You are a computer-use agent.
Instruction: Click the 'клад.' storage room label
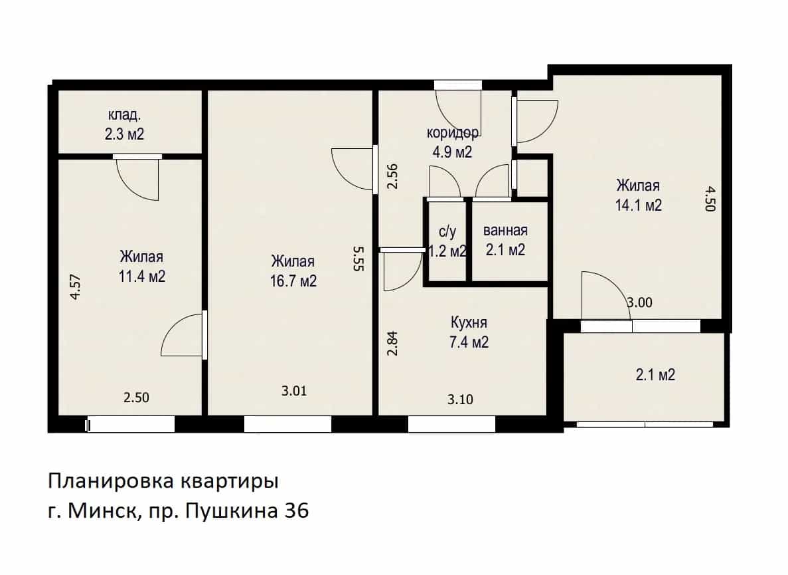(124, 115)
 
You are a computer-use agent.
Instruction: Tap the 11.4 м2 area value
(141, 276)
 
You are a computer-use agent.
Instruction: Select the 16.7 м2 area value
(293, 281)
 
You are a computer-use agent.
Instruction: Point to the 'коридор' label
(452, 133)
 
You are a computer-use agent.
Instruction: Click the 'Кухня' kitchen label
(469, 322)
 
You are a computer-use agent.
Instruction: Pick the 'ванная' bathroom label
(505, 231)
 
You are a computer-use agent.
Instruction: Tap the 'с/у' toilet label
(447, 232)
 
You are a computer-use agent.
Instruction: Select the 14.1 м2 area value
(638, 205)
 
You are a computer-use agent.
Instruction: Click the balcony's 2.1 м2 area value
(655, 375)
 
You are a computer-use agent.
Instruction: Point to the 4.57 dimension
(76, 287)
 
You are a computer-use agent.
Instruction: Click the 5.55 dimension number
(358, 259)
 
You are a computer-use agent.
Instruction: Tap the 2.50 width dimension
(136, 398)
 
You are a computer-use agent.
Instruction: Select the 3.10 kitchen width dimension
(460, 400)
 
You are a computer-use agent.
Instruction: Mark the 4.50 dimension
(710, 199)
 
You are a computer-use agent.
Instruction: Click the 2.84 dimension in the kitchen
(392, 343)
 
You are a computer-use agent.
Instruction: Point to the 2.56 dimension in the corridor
(392, 176)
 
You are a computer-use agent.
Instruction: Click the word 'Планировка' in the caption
(111, 481)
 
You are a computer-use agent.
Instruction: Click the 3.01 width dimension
(294, 391)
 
